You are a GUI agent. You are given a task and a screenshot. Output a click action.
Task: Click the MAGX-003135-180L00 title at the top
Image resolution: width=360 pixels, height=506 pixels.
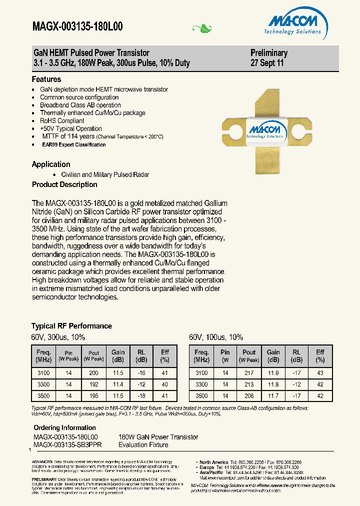click(x=77, y=27)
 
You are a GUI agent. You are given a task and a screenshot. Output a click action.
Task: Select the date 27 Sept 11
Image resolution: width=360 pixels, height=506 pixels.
click(x=267, y=63)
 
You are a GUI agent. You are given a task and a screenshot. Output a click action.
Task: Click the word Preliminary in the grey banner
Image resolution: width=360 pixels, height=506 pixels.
click(x=269, y=53)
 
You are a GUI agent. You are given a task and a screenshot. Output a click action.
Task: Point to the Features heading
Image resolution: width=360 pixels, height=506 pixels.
click(x=46, y=79)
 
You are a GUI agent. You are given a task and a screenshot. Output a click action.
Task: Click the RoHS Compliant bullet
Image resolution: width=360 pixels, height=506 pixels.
click(x=62, y=120)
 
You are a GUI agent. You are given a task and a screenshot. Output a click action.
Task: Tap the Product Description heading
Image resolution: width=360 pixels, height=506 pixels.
click(x=64, y=184)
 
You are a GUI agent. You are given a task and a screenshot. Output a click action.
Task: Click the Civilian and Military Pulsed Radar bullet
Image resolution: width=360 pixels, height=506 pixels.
click(x=105, y=174)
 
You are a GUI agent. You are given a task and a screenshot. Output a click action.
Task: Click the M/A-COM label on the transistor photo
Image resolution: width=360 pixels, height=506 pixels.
click(x=265, y=131)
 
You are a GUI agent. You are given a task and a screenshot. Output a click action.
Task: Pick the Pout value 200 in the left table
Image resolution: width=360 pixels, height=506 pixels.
click(x=93, y=373)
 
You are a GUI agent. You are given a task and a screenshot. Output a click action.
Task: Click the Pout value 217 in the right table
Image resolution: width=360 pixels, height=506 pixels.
click(x=249, y=373)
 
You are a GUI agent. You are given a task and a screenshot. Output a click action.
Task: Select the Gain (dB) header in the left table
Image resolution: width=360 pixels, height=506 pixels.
click(x=118, y=355)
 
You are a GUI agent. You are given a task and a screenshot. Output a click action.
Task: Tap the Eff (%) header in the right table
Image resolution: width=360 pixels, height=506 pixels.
click(x=320, y=355)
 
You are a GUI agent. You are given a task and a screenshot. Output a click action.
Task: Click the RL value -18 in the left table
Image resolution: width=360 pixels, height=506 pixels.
click(x=142, y=395)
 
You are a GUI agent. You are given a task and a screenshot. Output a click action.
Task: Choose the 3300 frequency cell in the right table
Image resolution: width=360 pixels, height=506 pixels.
click(x=201, y=384)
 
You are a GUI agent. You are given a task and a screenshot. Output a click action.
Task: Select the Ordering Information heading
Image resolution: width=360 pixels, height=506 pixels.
click(x=64, y=427)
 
